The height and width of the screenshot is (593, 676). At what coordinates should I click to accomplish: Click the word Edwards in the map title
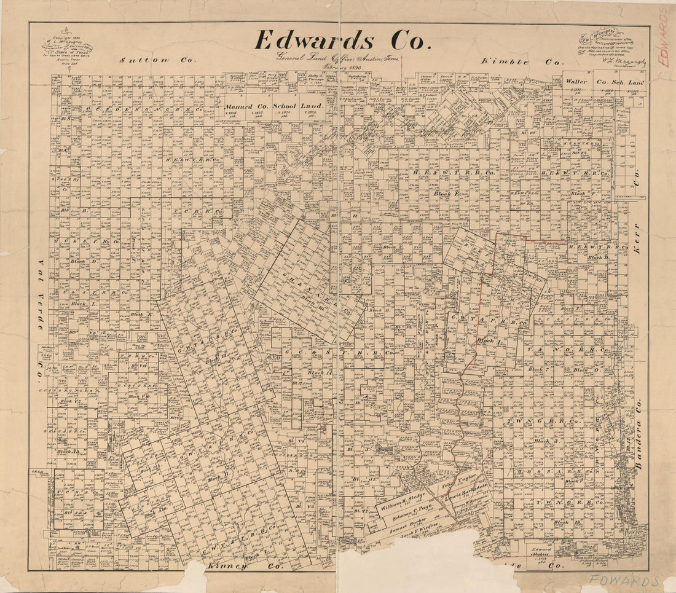click(313, 41)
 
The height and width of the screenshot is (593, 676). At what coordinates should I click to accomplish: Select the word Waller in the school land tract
click(576, 81)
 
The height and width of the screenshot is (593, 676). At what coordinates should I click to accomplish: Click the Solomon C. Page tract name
click(413, 514)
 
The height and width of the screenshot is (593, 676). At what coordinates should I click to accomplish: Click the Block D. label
click(85, 261)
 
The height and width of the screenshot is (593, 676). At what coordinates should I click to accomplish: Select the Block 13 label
click(562, 522)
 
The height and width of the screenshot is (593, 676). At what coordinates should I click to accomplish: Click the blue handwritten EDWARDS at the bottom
click(624, 581)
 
